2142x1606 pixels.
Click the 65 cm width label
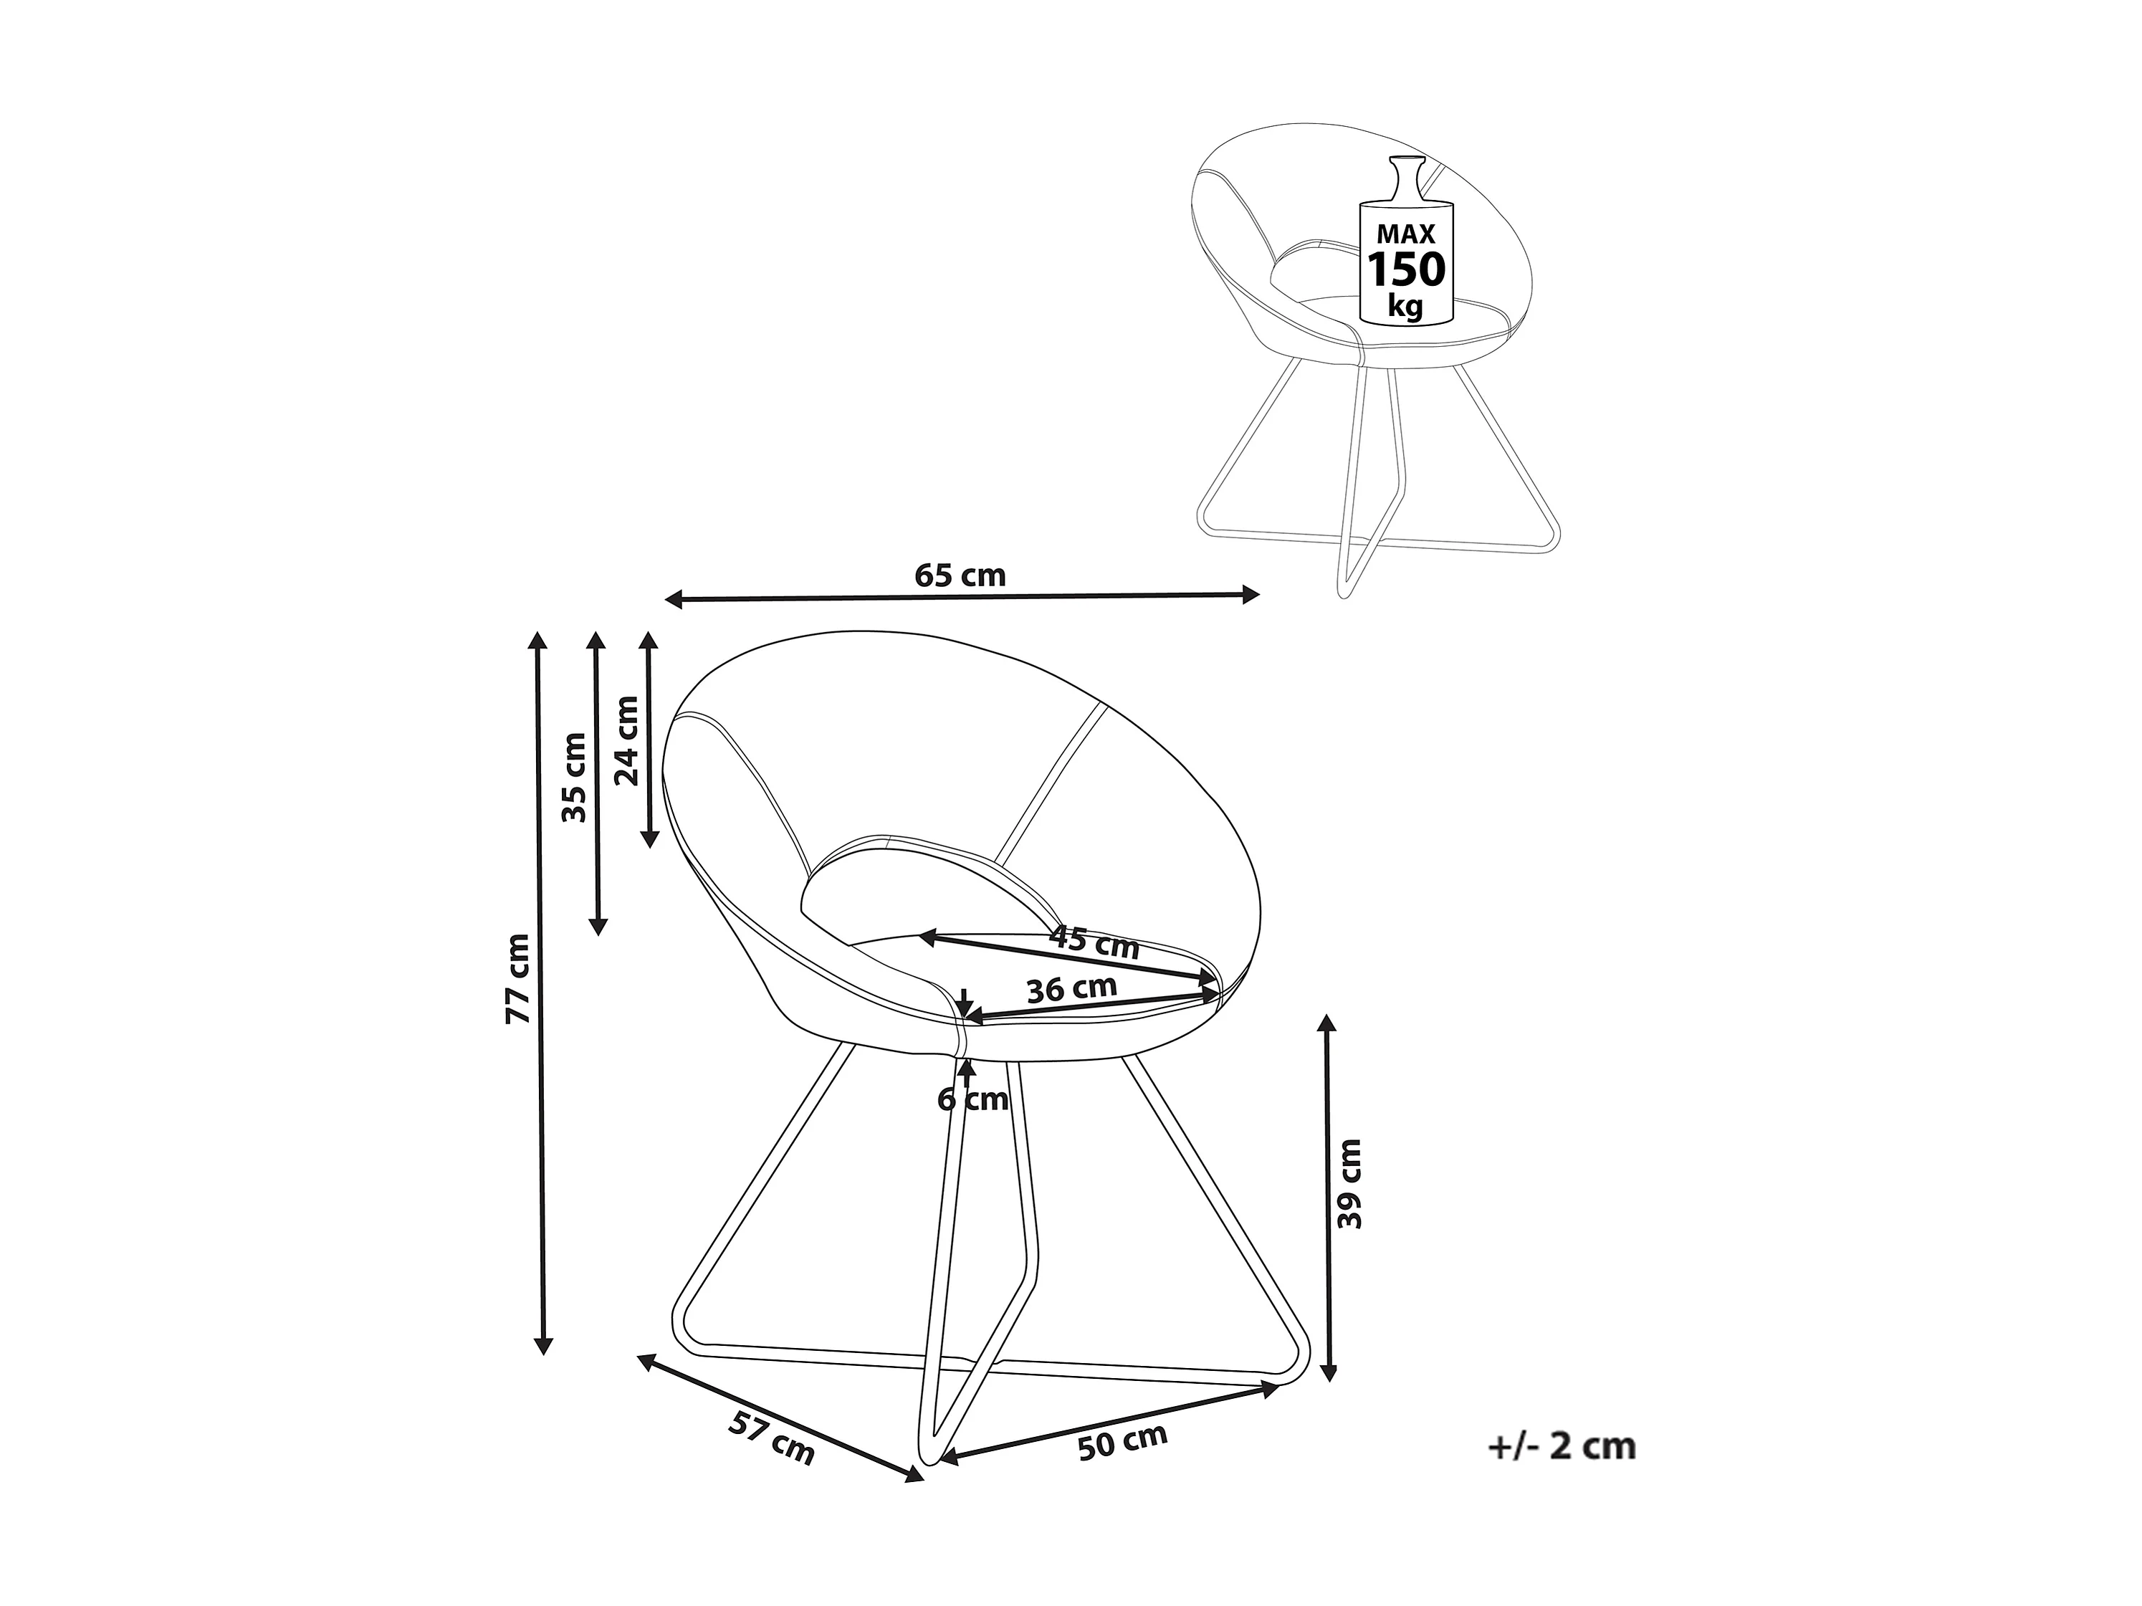click(x=960, y=575)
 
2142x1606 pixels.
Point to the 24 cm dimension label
click(x=628, y=740)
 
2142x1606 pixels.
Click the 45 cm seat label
click(x=1094, y=942)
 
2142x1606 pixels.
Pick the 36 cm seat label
click(x=1072, y=989)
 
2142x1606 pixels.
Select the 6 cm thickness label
click(x=972, y=1099)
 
